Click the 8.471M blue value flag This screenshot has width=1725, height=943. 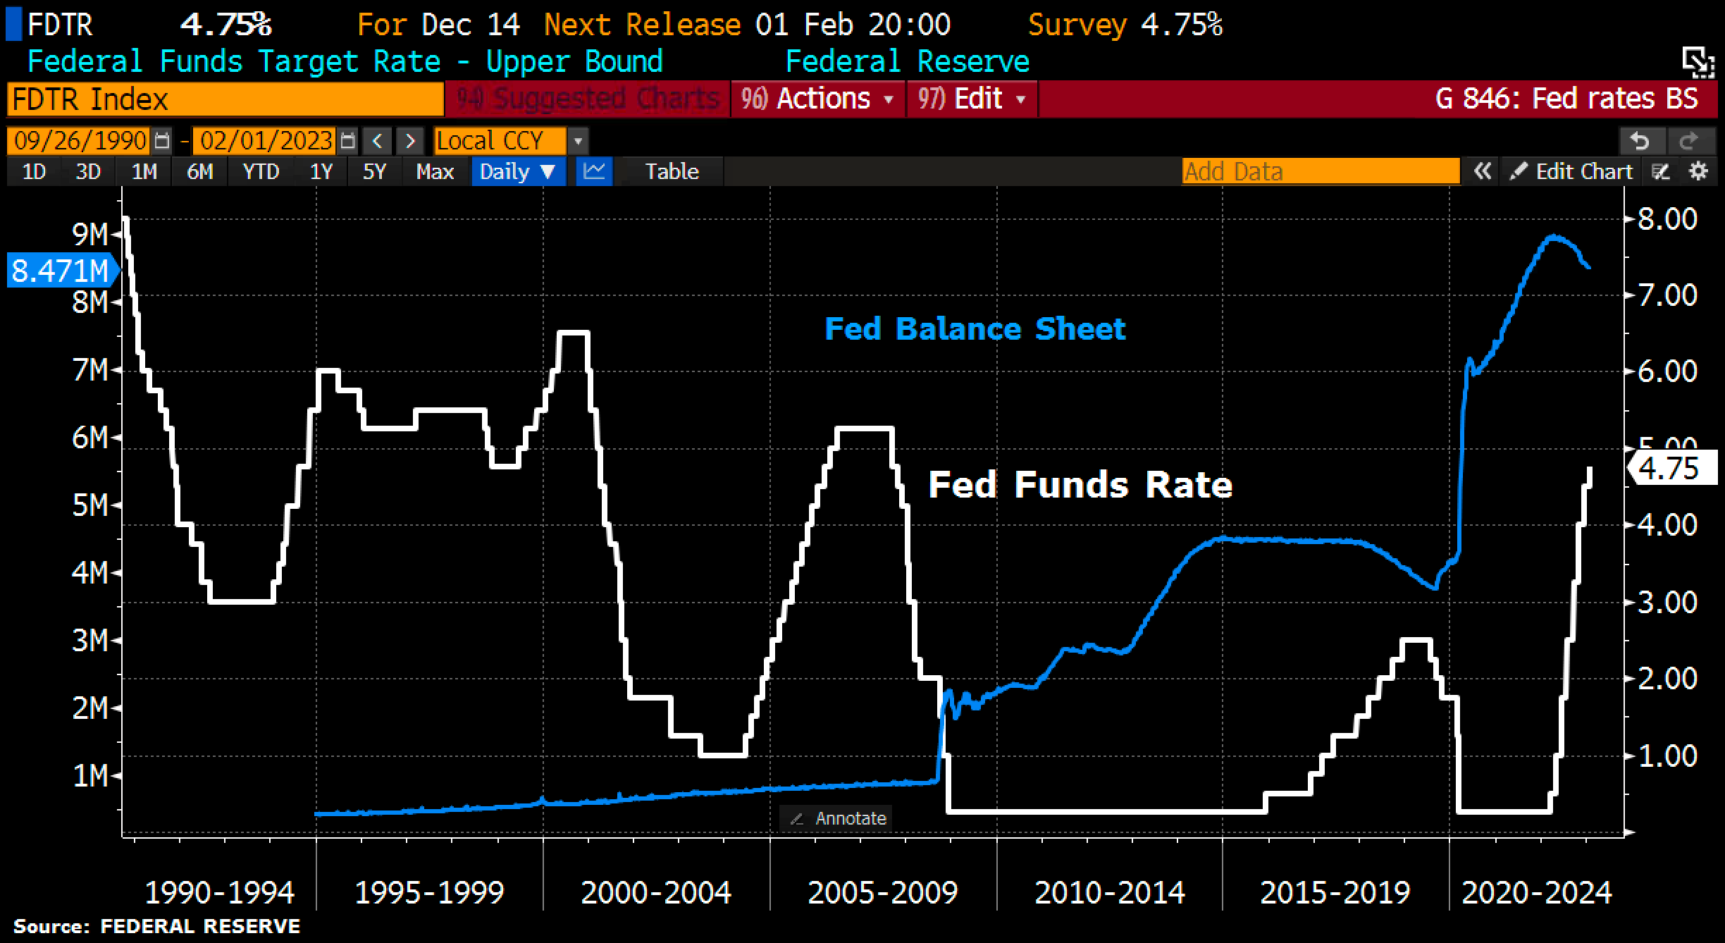60,271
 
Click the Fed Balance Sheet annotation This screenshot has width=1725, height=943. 975,329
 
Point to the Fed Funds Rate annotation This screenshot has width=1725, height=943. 1080,485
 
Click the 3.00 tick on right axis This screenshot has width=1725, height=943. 1667,603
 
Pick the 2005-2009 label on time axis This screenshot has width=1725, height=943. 882,893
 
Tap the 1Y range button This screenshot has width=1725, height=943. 321,172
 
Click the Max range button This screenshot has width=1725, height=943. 435,172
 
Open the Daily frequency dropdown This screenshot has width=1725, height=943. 518,172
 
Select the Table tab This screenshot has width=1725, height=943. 672,172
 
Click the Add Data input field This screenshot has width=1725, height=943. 1320,172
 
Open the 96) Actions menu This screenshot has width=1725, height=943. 817,99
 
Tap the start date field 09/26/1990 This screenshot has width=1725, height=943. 80,141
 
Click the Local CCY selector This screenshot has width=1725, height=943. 500,141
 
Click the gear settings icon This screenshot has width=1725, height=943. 1699,172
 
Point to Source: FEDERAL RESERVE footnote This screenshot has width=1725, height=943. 156,926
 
